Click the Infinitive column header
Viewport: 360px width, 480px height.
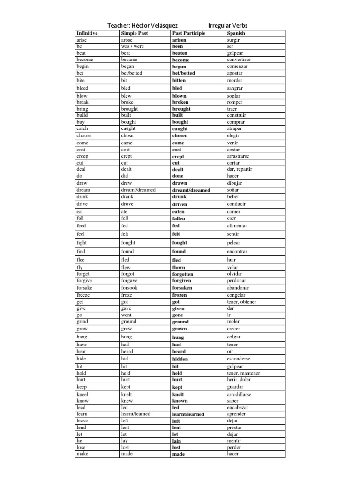click(87, 34)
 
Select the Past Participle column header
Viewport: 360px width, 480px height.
click(189, 34)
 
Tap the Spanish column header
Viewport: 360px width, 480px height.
click(236, 34)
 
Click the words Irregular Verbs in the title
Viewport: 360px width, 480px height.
click(228, 25)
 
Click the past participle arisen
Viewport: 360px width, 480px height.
click(179, 40)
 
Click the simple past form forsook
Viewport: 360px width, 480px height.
click(129, 288)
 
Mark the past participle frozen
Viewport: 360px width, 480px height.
click(180, 295)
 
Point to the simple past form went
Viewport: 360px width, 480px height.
click(127, 315)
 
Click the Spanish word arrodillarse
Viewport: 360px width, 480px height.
click(239, 395)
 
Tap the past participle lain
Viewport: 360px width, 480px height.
click(177, 441)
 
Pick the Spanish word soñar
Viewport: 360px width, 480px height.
click(233, 190)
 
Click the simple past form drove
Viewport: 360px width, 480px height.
click(127, 204)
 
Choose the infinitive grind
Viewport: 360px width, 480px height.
click(82, 322)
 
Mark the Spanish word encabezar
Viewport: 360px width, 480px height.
click(238, 408)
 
